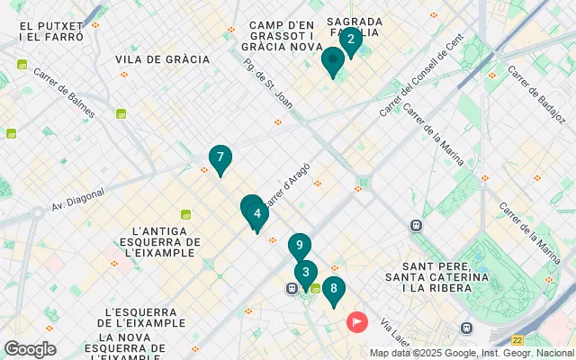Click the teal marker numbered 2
coord(350,39)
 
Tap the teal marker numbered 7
coord(220,158)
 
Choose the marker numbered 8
coord(334,289)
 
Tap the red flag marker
coord(358,320)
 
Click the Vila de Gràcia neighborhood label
coord(162,59)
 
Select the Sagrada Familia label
coord(355,26)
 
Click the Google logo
coord(30,349)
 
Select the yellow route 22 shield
coord(517,340)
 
